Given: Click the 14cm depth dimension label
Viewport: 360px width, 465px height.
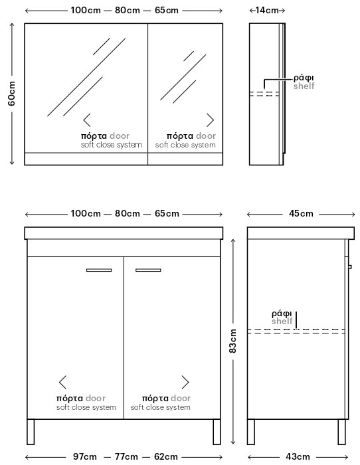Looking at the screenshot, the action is point(267,11).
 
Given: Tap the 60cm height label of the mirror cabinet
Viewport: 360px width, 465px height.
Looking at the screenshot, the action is point(12,94).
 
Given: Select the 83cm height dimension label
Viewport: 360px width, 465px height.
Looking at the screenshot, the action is point(233,341).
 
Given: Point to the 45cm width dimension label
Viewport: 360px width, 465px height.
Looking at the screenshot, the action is point(301,213).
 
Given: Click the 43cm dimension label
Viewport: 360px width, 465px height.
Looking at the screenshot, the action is point(298,457).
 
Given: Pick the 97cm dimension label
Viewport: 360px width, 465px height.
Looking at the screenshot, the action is point(85,457).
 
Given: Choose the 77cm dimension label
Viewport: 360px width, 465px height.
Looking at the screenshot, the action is point(126,457).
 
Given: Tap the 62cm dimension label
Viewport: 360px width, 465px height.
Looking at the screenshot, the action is point(166,457).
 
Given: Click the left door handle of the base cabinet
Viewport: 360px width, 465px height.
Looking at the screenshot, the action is point(99,270).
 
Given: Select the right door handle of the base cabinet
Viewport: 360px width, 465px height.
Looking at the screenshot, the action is point(148,270).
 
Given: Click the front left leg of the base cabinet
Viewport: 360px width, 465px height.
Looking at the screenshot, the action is point(31,432).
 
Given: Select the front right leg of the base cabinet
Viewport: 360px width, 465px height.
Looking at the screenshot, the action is point(217,432).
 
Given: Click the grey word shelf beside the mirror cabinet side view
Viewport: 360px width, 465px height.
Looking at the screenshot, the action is point(304,86).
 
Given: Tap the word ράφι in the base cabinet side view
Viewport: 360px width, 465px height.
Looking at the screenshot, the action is point(282,314).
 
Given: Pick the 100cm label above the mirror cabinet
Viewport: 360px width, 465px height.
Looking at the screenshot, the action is point(86,11).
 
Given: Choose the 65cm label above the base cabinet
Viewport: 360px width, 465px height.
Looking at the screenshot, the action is point(167,213).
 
